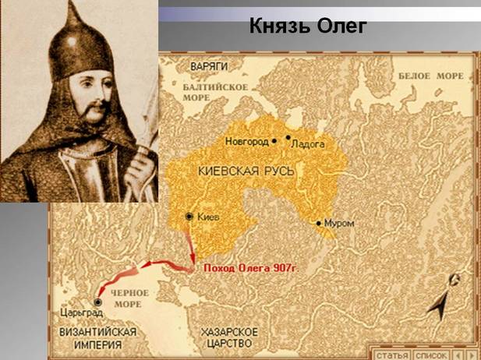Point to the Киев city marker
point(189,217)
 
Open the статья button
point(389,353)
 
